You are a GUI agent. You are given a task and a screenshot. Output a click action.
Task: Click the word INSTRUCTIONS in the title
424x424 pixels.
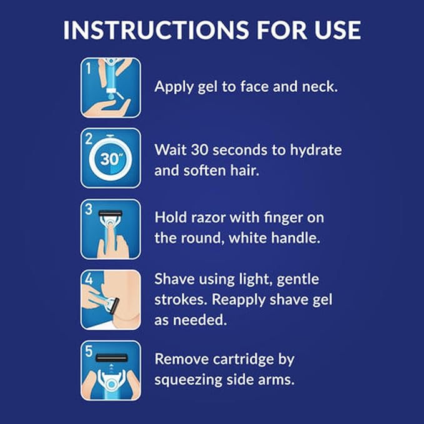[x=155, y=30]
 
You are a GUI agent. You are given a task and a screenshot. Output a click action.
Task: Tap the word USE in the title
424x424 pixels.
[x=337, y=30]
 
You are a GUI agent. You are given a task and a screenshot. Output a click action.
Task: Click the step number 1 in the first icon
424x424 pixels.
[x=89, y=68]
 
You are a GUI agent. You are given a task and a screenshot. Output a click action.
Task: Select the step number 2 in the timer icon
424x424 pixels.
[x=89, y=139]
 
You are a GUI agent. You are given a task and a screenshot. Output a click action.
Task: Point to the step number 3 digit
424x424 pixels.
[x=89, y=210]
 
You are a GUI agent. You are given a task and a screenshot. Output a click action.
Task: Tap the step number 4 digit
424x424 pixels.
[x=89, y=279]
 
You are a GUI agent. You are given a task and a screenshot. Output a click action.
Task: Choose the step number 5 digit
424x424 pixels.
[x=89, y=352]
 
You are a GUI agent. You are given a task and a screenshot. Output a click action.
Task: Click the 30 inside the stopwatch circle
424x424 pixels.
[x=109, y=159]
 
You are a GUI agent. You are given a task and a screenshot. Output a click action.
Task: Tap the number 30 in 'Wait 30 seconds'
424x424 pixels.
[x=199, y=150]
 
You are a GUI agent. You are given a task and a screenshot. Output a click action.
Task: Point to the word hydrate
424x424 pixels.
[x=316, y=151]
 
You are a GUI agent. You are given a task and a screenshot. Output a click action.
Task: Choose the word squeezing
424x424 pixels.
[x=188, y=381]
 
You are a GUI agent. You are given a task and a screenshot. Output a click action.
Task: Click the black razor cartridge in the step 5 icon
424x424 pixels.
[x=111, y=358]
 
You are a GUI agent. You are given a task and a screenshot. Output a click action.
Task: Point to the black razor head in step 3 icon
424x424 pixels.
[x=111, y=214]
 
